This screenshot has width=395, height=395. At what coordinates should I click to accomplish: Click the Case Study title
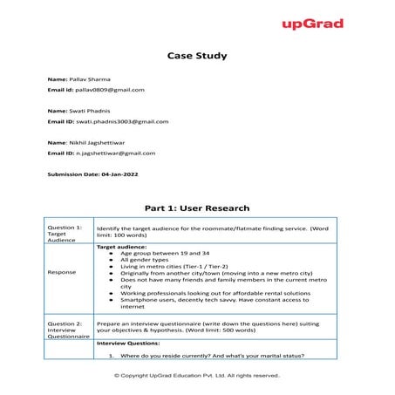197,56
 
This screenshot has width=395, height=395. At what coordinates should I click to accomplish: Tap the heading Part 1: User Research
197,208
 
